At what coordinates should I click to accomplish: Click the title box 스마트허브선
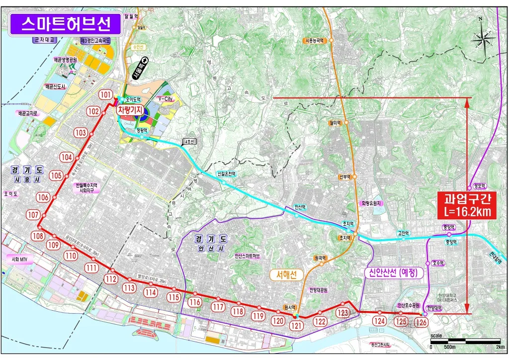pyautogui.click(x=65, y=23)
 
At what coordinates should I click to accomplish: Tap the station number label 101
pyautogui.click(x=105, y=94)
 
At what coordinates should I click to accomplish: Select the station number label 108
pyautogui.click(x=38, y=236)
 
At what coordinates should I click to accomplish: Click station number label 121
pyautogui.click(x=296, y=326)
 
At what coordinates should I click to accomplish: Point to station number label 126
pyautogui.click(x=421, y=322)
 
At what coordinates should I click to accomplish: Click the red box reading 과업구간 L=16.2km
pyautogui.click(x=467, y=205)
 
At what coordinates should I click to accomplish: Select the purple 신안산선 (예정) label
pyautogui.click(x=393, y=272)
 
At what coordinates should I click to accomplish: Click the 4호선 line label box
pyautogui.click(x=190, y=142)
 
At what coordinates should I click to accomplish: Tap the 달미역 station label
pyautogui.click(x=335, y=122)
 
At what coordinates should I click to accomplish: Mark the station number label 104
pyautogui.click(x=67, y=157)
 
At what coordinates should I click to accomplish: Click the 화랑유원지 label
pyautogui.click(x=371, y=203)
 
